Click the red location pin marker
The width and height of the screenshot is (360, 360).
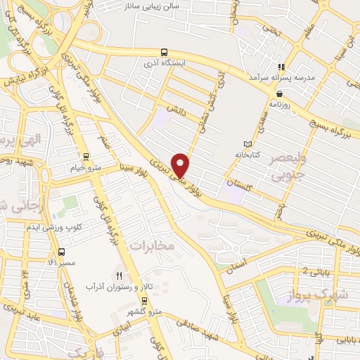click(182, 165)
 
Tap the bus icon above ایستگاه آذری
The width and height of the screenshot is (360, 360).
click(164, 52)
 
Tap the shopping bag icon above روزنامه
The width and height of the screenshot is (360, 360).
click(280, 93)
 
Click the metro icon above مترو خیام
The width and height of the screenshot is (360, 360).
click(86, 157)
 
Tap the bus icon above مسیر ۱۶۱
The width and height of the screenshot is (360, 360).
click(61, 252)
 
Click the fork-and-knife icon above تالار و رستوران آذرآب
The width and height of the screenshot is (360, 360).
click(120, 275)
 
